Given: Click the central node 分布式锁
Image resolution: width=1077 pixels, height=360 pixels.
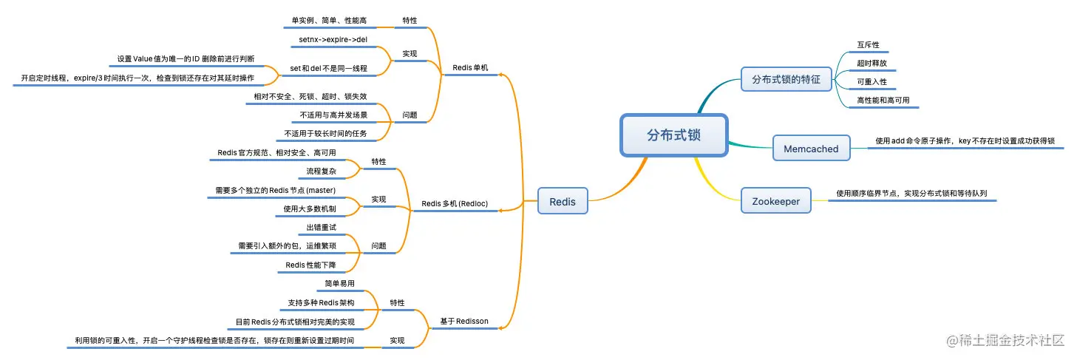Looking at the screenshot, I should point(673,135).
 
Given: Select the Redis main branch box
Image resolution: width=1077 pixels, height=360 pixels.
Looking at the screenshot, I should point(563,200).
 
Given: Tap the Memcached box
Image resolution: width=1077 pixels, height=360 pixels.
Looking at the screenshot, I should point(811,149).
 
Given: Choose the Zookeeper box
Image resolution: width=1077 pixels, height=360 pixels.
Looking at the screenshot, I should point(775,200).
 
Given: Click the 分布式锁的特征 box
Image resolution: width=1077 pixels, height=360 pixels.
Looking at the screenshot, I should point(786,79).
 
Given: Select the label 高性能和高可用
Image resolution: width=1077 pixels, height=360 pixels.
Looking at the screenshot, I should point(883,99).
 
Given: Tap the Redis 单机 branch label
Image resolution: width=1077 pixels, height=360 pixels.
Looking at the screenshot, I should point(470,68).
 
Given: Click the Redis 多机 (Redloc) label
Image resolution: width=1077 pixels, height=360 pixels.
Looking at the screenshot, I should point(455,203).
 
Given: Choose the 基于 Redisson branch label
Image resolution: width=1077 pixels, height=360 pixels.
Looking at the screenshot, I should point(464,321).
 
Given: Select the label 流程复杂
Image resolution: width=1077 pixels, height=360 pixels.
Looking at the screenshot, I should point(322,171).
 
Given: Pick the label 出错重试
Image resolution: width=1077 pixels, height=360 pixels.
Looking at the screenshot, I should point(321,228).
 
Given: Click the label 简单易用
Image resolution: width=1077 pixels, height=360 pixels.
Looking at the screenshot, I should point(339,283).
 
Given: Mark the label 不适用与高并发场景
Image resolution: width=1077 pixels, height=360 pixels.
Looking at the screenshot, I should point(333,115).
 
